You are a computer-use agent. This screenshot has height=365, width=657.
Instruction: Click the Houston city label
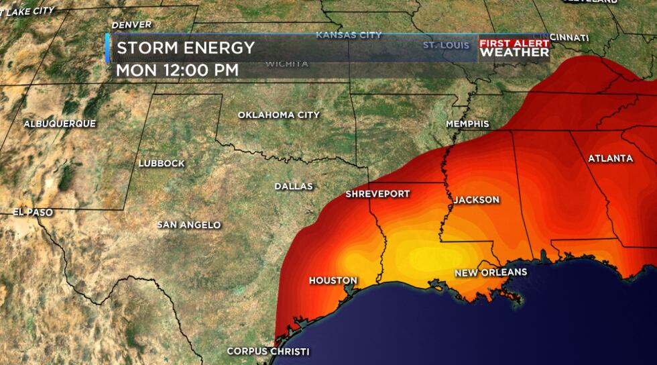[333, 280]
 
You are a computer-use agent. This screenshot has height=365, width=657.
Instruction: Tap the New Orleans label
[491, 272]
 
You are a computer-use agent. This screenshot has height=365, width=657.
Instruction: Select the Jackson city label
[476, 200]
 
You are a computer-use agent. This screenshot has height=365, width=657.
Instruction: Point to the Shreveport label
[377, 194]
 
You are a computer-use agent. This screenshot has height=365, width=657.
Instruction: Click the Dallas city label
[294, 186]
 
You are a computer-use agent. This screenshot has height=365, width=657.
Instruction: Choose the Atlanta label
[610, 158]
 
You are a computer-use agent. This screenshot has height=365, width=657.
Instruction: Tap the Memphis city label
[468, 124]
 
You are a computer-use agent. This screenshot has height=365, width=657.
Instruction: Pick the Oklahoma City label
[279, 115]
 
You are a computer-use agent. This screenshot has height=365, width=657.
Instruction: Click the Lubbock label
[161, 163]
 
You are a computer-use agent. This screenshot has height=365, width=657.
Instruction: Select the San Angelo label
[188, 225]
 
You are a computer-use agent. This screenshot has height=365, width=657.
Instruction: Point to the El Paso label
[33, 212]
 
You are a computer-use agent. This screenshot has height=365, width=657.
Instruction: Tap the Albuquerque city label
[60, 123]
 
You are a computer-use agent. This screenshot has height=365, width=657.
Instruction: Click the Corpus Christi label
[268, 351]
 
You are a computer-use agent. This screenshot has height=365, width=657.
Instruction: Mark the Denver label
[131, 25]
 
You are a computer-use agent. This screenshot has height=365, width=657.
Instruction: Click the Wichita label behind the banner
[286, 64]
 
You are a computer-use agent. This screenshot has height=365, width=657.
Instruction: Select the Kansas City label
[349, 35]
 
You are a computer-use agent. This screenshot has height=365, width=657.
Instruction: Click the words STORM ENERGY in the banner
[186, 48]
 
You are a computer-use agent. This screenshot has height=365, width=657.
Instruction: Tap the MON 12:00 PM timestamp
[177, 69]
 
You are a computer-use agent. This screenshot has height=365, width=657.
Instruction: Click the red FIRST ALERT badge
[514, 43]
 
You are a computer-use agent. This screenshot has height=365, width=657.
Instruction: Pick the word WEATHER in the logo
[514, 52]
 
